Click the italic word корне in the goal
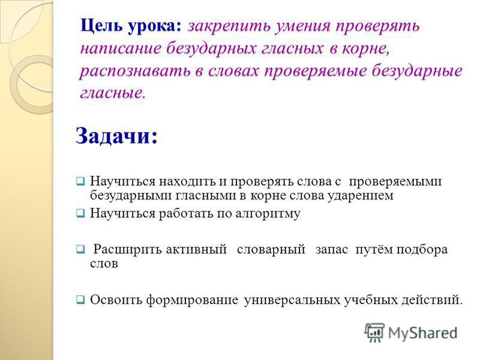click(365, 49)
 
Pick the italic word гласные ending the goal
click(113, 93)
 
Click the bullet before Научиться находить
click(80, 182)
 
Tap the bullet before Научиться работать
click(80, 214)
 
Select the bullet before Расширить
click(80, 250)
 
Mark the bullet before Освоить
click(80, 299)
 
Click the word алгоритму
click(268, 214)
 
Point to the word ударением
click(361, 196)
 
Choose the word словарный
click(271, 250)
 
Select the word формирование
click(192, 299)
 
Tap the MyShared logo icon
click(374, 332)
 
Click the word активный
click(196, 250)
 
